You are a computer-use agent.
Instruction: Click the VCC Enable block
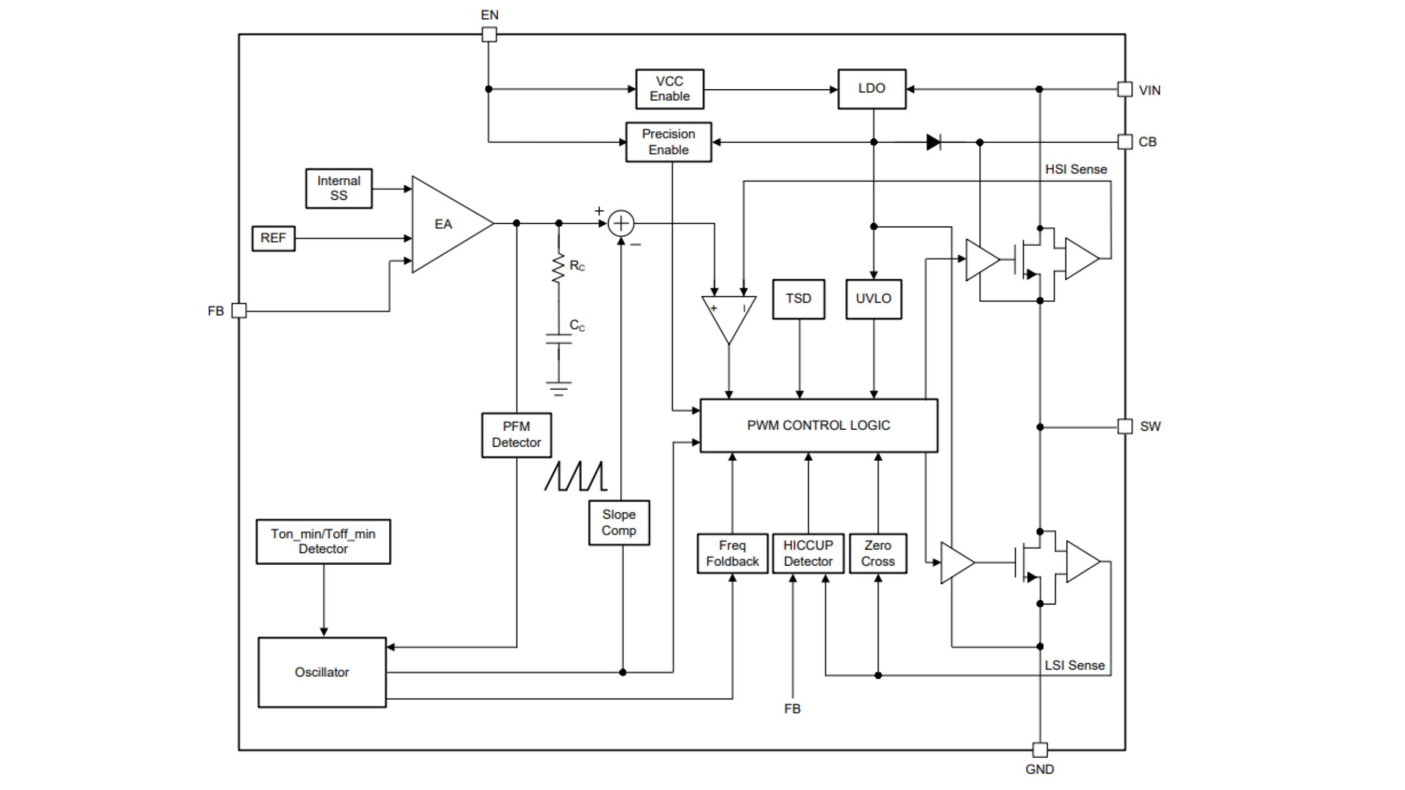[670, 89]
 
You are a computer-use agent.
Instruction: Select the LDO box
[872, 89]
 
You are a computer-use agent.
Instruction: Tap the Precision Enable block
[668, 142]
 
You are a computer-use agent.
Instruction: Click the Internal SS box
[339, 189]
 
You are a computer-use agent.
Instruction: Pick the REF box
[273, 239]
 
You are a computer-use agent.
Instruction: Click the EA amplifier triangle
[445, 224]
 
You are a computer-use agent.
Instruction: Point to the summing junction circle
[621, 224]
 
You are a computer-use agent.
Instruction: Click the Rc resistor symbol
[559, 268]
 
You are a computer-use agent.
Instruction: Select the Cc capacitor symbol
[559, 339]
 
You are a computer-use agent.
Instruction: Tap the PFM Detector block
[516, 435]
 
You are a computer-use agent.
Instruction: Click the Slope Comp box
[619, 523]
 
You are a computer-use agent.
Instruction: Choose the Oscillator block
[322, 673]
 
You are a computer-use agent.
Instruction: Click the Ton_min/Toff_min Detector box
[323, 541]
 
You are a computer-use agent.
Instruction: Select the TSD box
[799, 299]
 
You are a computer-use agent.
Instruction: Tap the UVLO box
[874, 299]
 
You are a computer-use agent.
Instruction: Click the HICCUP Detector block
[808, 554]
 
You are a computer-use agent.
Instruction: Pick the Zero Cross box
[878, 554]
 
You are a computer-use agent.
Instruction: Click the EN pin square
[489, 35]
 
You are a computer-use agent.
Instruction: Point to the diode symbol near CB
[934, 143]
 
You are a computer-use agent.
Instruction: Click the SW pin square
[1125, 426]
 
